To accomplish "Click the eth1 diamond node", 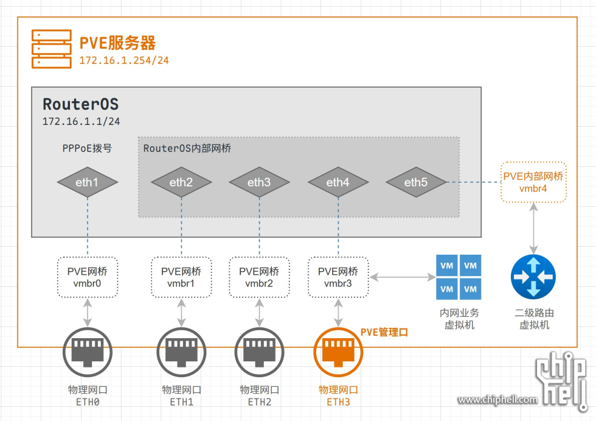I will point(87,182).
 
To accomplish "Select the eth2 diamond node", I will point(181,182).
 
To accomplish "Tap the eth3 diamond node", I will point(258,182).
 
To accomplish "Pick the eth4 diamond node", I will point(338,182).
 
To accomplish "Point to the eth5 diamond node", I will point(416,182).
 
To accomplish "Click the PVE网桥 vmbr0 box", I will point(88,277).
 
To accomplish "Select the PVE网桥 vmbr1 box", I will point(181,277).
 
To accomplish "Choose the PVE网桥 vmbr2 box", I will point(259,277).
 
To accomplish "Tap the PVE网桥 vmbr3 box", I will point(338,277).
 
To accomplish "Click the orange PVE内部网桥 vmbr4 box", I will point(533,182).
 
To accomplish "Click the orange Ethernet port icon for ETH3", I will point(338,354).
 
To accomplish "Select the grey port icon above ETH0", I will point(88,354).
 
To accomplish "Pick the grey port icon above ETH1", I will point(181,354).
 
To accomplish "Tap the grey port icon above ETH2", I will point(259,354).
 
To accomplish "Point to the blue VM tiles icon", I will point(459,277).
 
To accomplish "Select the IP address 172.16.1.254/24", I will point(124,61).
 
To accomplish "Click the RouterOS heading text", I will point(80,104).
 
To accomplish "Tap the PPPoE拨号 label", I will point(87,148).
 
